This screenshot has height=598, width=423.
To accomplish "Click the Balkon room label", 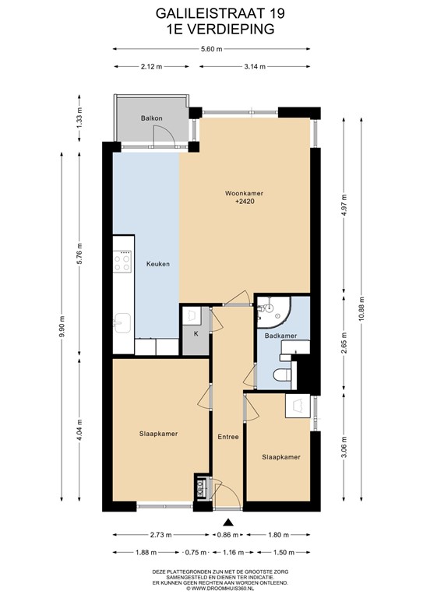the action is tap(151, 118).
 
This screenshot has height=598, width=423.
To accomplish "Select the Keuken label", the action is tap(158, 264).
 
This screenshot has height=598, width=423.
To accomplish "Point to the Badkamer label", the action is tap(280, 336).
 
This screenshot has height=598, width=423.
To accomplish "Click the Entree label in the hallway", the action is tap(228, 437).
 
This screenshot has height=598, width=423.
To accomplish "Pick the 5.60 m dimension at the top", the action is tap(211, 49).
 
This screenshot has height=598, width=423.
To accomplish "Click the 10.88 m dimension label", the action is tap(361, 309).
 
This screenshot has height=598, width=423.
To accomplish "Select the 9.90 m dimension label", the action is tap(62, 327).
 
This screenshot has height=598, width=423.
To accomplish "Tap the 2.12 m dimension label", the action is tap(151, 67).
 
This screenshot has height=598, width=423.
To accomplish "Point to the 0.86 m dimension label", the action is tap(227, 535).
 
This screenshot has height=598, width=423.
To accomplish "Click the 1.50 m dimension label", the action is tap(284, 552).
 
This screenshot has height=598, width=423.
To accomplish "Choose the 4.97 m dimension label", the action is tap(344, 206).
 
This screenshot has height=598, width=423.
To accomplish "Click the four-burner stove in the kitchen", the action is tap(122, 262).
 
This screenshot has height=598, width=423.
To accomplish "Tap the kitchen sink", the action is tap(122, 323).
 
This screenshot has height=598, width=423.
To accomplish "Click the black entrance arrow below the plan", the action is tap(228, 522).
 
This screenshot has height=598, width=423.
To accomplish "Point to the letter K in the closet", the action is tap(196, 334).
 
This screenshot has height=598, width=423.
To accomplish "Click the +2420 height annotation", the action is tap(245, 201).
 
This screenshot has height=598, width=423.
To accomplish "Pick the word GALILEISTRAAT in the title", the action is tap(210, 14).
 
